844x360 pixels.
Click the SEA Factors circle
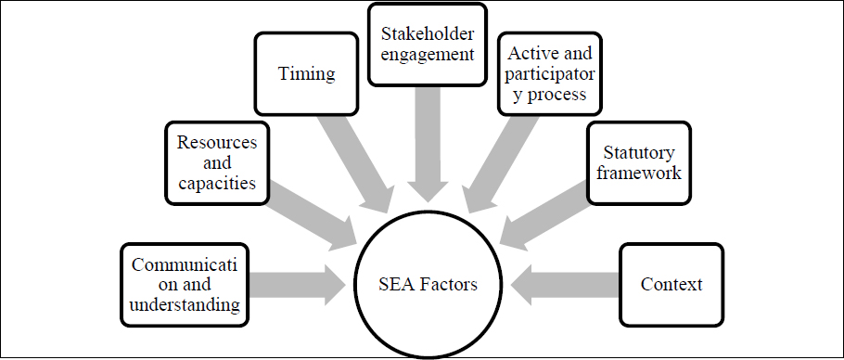tap(428, 284)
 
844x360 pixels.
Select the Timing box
tap(306, 73)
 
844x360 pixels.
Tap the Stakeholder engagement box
tap(428, 45)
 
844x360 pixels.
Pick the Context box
tap(671, 285)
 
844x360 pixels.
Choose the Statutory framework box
tap(638, 163)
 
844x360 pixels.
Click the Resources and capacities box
tap(217, 163)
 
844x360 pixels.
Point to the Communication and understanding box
tap(185, 285)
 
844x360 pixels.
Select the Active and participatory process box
tap(550, 73)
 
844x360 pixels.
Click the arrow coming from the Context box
tap(564, 285)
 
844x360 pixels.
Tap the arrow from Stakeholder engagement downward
tap(428, 144)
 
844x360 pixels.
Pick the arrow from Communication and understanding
tap(297, 285)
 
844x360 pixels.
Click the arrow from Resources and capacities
tap(313, 215)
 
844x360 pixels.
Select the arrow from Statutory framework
tap(543, 215)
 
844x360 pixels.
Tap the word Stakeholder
tap(428, 34)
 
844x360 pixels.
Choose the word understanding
tap(185, 304)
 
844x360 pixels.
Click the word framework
tap(639, 173)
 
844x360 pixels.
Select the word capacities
tap(217, 184)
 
